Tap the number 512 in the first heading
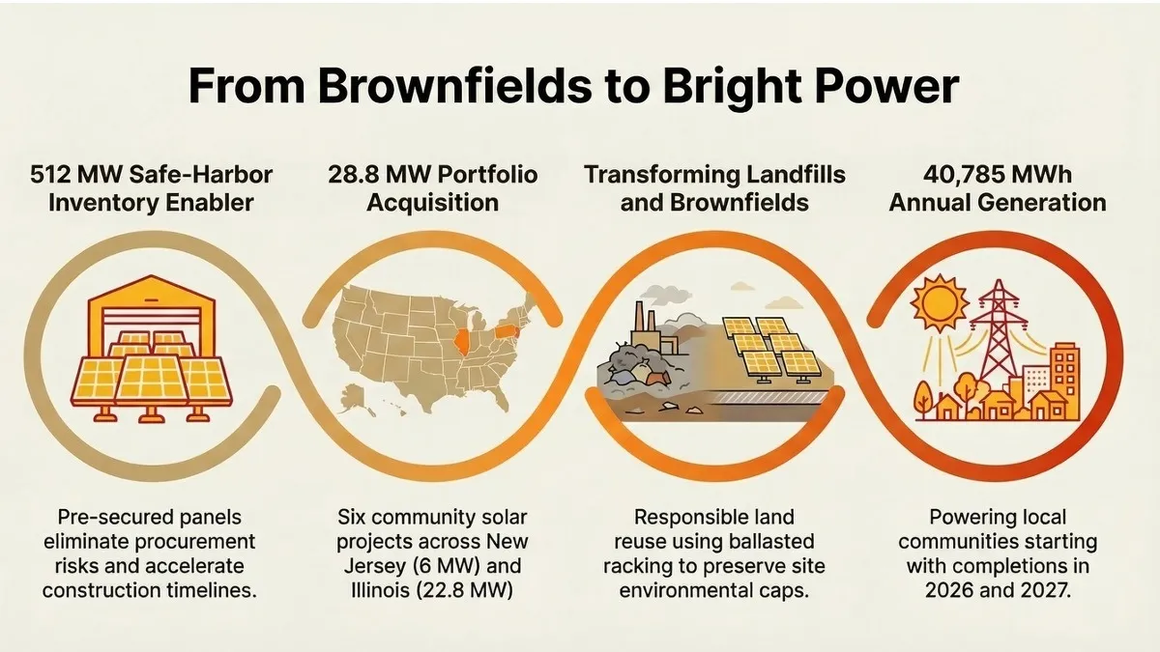(49, 175)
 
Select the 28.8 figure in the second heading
(353, 175)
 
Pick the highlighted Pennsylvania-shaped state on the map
(505, 331)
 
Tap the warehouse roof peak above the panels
(150, 279)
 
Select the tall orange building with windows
(1065, 381)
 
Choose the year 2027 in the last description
(1049, 590)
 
